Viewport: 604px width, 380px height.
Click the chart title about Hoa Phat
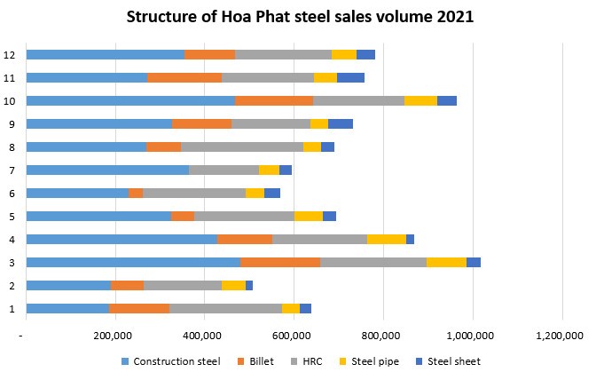(x=302, y=17)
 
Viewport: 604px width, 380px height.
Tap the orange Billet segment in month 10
(x=274, y=100)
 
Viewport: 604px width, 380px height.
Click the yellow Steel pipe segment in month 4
(x=386, y=239)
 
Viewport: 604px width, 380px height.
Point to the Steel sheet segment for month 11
(x=350, y=77)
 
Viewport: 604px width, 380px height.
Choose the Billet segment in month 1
(x=139, y=308)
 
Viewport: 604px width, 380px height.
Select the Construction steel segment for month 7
(x=107, y=170)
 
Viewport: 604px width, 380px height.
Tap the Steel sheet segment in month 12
(x=365, y=54)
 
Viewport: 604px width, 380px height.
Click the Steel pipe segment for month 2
(x=233, y=285)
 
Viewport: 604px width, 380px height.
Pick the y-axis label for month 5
(x=11, y=216)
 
